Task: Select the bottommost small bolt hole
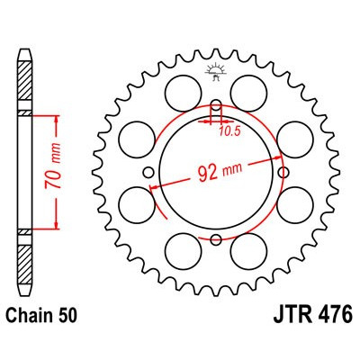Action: click(216, 238)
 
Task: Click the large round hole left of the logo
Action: click(184, 90)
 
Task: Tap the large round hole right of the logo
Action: click(248, 90)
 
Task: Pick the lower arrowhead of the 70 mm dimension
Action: click(58, 228)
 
